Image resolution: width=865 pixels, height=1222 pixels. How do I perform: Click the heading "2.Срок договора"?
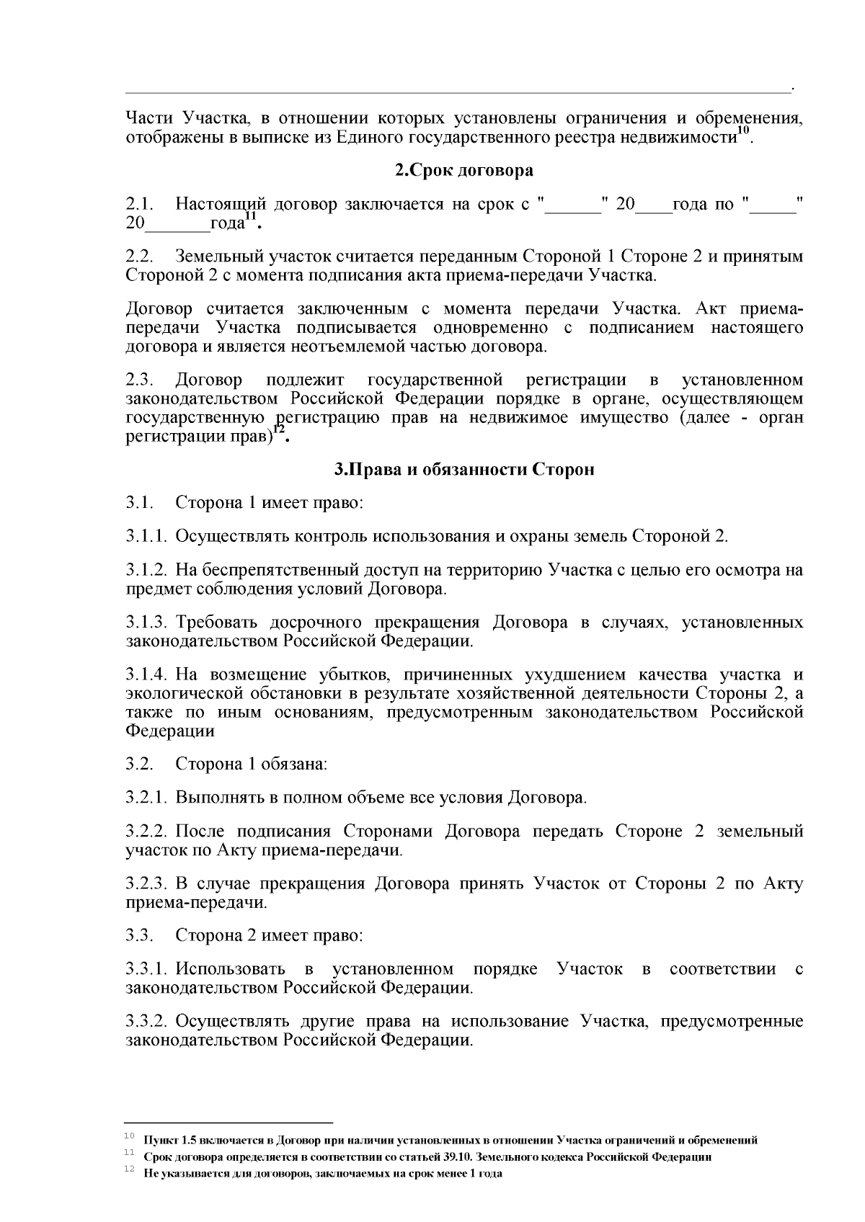point(464,171)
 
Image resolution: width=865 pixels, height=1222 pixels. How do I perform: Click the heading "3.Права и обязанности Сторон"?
point(464,470)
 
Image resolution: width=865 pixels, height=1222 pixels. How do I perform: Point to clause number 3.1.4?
point(147,674)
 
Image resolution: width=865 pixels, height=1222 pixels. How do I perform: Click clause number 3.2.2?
point(147,831)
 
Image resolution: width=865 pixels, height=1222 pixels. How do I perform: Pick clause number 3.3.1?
point(147,969)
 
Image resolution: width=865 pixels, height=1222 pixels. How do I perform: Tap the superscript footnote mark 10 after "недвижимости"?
point(744,130)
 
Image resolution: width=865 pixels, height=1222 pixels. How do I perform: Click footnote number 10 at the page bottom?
point(130,1136)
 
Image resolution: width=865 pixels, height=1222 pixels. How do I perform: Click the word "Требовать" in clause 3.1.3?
point(213,622)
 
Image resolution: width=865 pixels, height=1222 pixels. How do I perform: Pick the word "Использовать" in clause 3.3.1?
point(230,969)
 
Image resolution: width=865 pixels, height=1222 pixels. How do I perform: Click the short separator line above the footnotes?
point(229,1123)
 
